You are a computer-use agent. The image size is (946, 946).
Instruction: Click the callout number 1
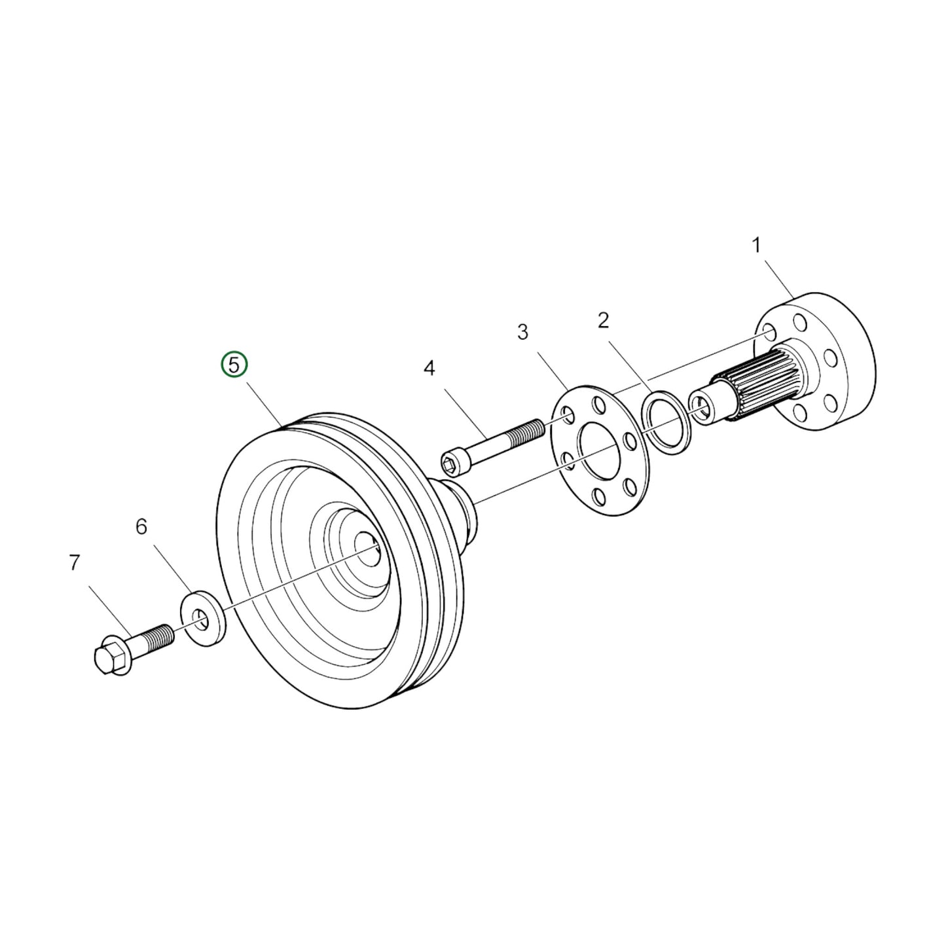(756, 246)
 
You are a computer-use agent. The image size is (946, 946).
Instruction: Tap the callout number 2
(603, 321)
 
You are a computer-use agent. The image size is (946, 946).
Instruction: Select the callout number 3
(522, 333)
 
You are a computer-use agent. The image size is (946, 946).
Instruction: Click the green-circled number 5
(234, 365)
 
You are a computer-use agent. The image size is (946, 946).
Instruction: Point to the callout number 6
(141, 526)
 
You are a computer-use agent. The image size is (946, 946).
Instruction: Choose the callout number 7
(74, 562)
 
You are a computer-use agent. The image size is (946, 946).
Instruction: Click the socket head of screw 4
(453, 462)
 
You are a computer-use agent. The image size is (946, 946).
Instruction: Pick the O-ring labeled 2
(664, 423)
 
